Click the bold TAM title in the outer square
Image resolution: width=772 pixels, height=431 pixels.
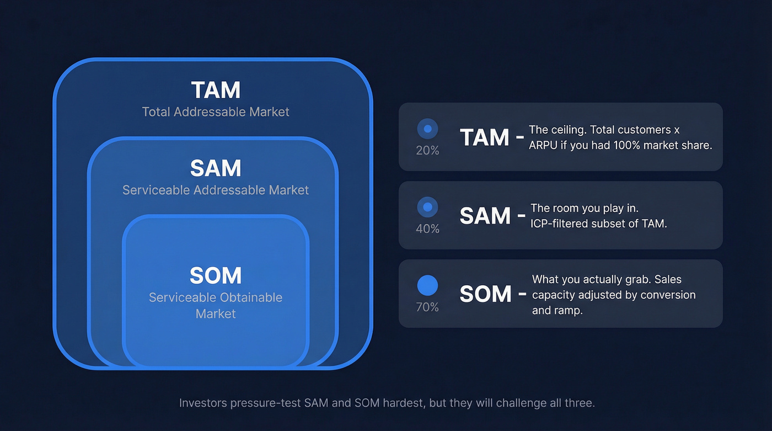tap(216, 90)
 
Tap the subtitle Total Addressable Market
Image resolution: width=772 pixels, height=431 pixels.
tap(216, 112)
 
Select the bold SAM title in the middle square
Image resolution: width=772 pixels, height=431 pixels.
tap(216, 168)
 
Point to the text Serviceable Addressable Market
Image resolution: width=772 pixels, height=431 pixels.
tap(216, 190)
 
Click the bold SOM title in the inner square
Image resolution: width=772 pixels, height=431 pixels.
tap(216, 275)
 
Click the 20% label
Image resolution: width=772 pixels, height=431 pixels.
tap(427, 150)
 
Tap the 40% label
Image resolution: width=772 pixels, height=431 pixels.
tap(427, 228)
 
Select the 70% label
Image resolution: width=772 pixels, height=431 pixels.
tap(427, 307)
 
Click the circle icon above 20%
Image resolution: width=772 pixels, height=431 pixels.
tap(427, 129)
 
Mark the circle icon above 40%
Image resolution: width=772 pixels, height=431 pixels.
tap(427, 207)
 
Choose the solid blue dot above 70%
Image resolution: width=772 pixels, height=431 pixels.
tap(427, 285)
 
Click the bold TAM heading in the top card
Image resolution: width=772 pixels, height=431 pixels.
tap(484, 137)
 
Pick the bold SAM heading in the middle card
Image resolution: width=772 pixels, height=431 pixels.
tap(485, 216)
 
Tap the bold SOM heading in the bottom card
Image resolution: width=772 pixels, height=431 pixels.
tap(485, 294)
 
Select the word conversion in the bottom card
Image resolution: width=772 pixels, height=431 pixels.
tap(668, 295)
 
